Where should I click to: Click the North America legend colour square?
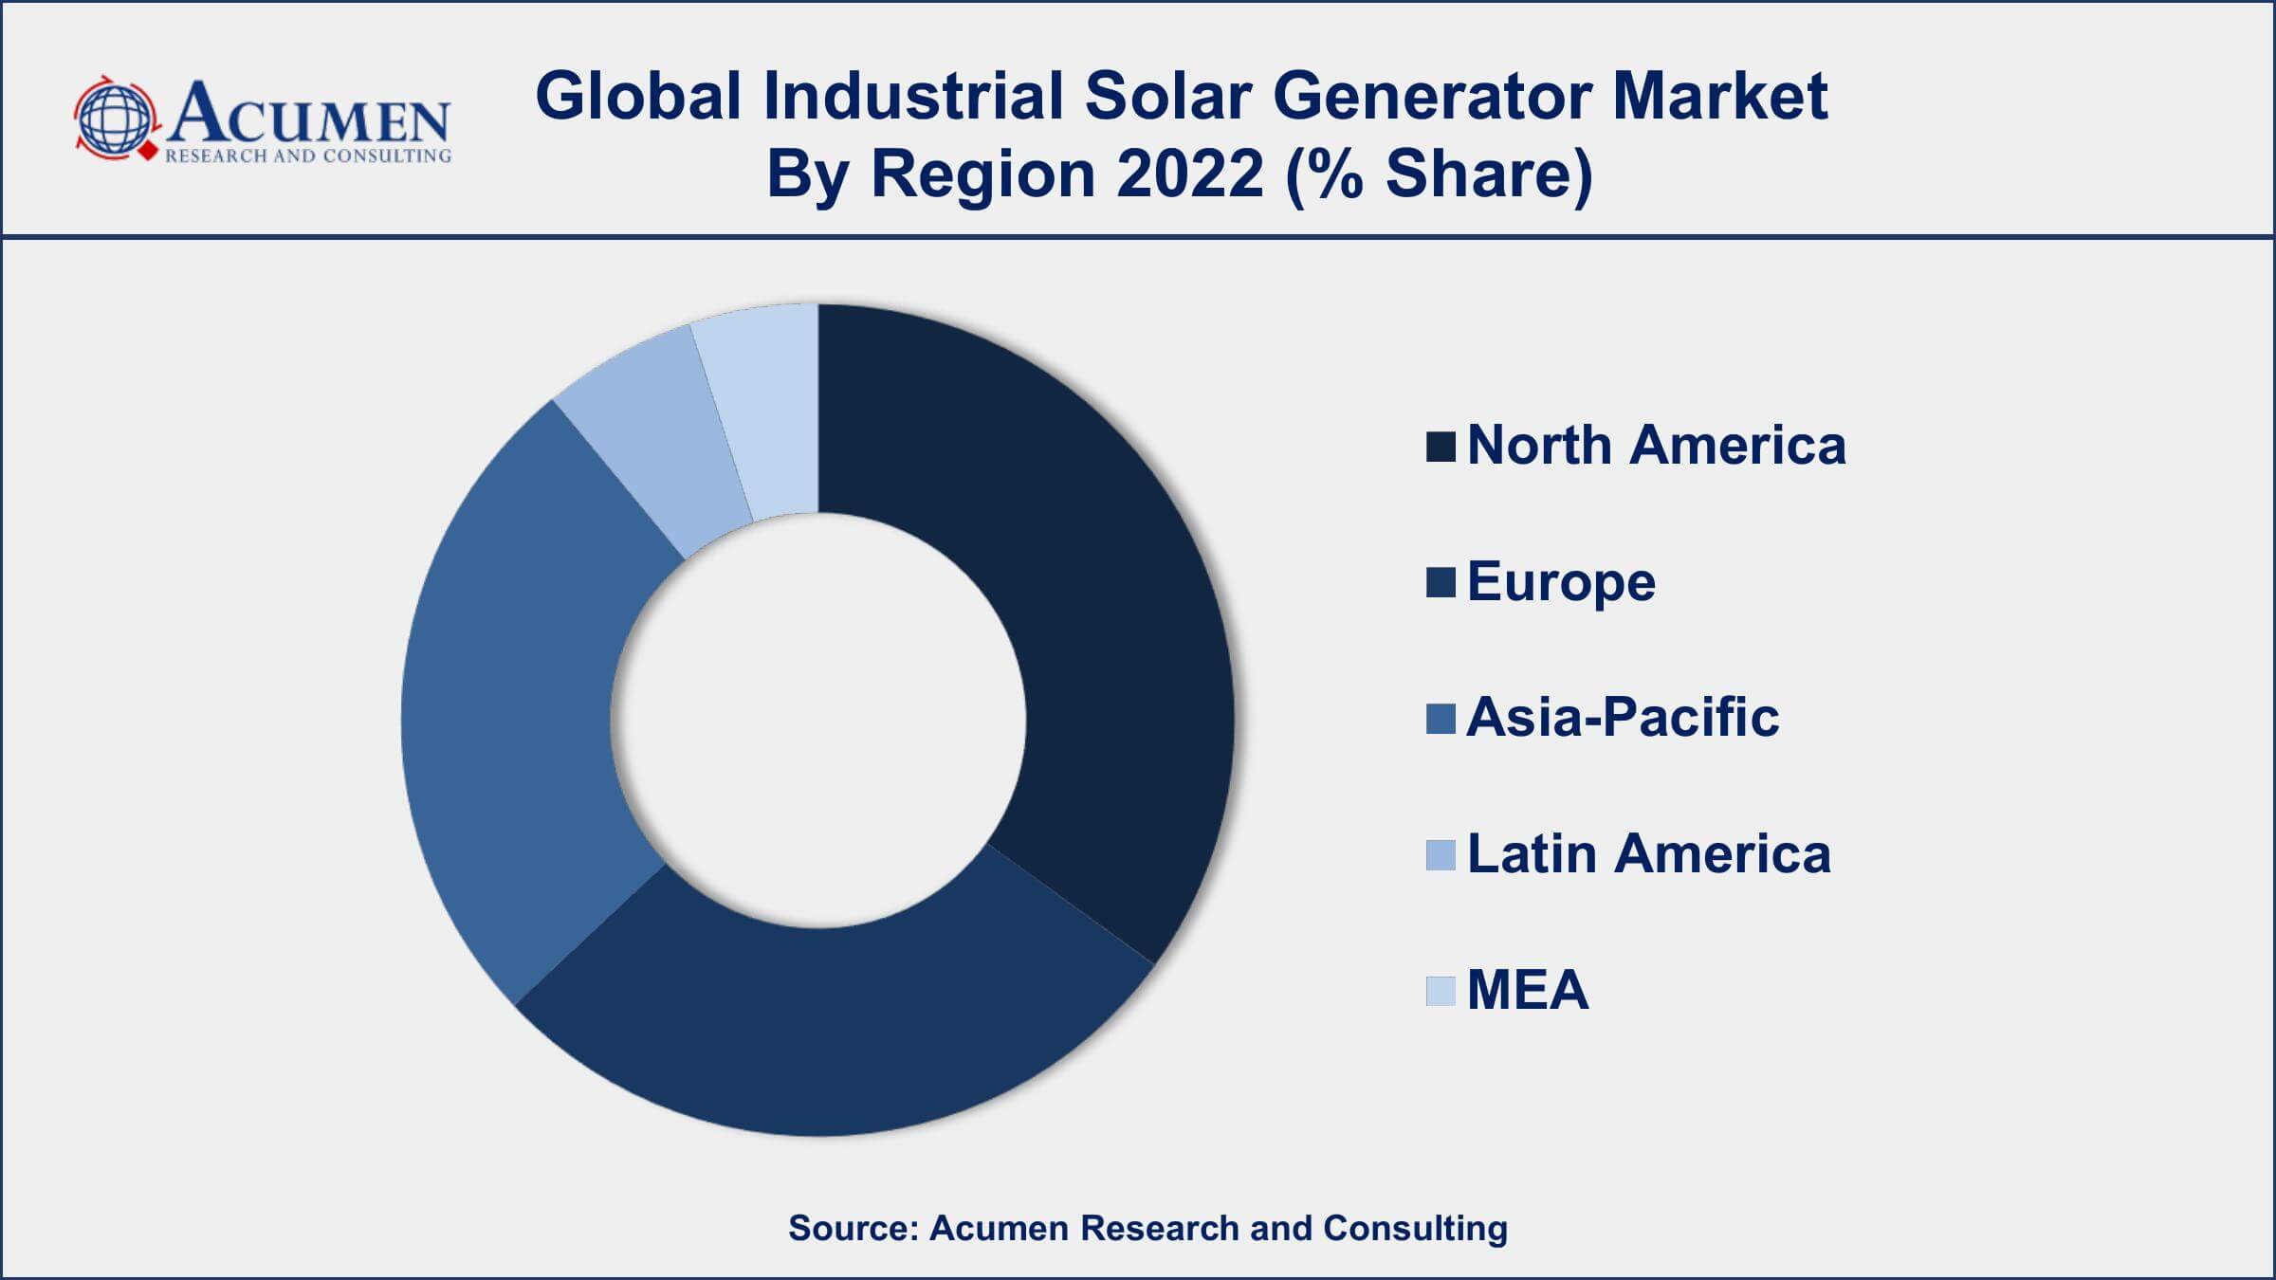[x=1440, y=447]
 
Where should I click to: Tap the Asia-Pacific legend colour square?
[x=1440, y=719]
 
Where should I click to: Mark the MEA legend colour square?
[x=1440, y=991]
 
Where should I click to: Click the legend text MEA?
[x=1527, y=991]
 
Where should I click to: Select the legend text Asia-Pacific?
[x=1623, y=719]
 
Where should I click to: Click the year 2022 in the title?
[x=1190, y=174]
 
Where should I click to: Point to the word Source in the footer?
[x=852, y=1228]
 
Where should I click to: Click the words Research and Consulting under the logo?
[x=308, y=156]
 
